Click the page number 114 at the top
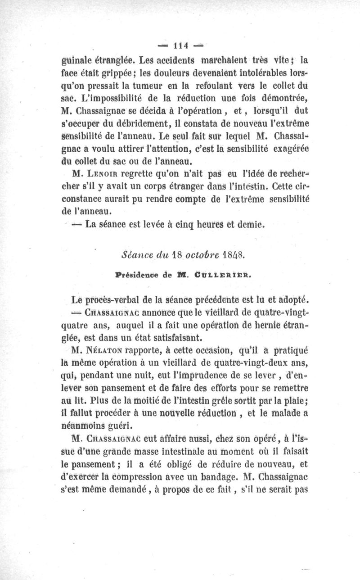click(x=180, y=45)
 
